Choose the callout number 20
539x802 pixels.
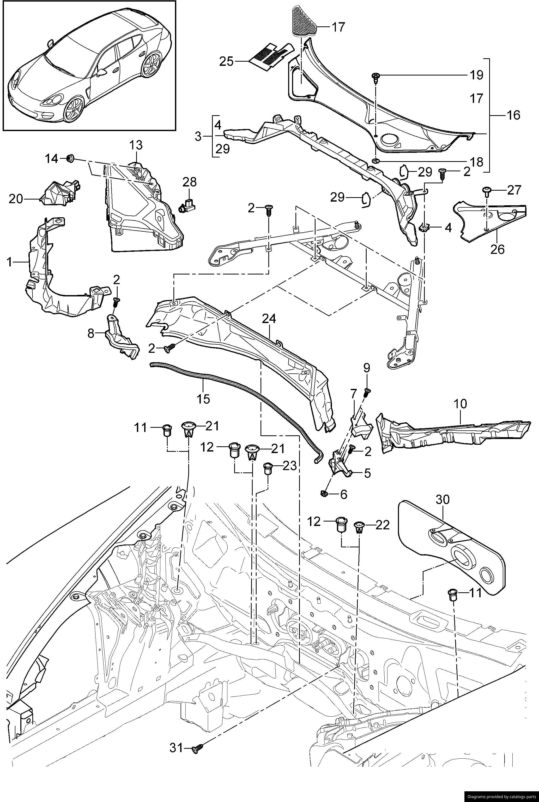15,199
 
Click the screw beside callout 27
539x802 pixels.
487,190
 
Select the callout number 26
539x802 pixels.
497,249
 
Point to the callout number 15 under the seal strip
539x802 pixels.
203,399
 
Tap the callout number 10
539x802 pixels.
460,403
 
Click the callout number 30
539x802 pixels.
443,499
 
